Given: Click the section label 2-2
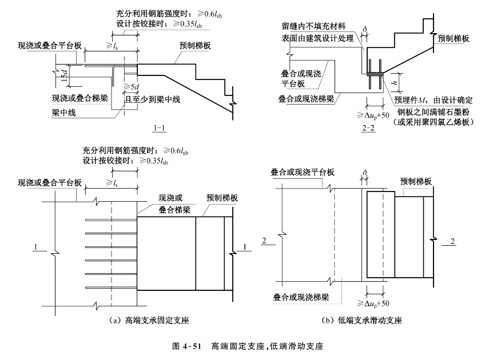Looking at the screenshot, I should point(368,129).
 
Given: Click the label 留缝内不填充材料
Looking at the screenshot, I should point(313,26).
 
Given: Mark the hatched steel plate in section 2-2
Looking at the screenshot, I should point(373,73).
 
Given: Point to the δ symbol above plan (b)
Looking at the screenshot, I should point(364,170).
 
